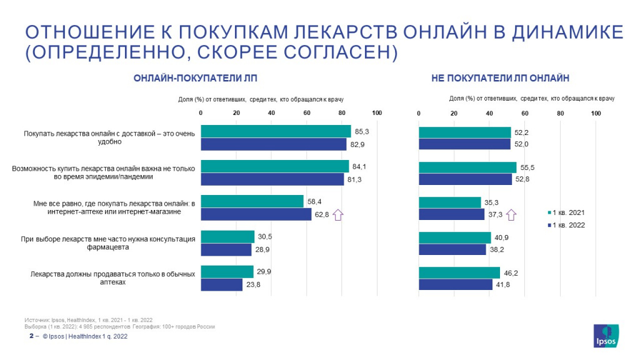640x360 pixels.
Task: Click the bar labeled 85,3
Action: point(276,131)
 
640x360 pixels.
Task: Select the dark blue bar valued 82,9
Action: point(273,144)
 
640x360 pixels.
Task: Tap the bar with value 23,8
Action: point(221,285)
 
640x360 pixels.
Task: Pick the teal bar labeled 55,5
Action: point(467,167)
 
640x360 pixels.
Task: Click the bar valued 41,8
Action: point(456,285)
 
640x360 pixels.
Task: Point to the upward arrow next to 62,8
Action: point(338,215)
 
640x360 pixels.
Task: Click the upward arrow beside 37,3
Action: point(511,215)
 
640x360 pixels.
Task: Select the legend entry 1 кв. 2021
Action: point(566,212)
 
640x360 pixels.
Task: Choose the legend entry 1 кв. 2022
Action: point(566,225)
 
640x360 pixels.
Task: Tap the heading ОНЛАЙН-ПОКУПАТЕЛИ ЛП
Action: point(195,79)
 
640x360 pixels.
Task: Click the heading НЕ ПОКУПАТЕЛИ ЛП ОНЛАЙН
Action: point(500,79)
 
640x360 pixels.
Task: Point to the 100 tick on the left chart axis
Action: point(377,113)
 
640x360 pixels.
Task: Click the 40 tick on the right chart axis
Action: point(489,113)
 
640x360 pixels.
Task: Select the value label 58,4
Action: point(313,202)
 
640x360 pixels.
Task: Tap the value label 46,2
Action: point(511,272)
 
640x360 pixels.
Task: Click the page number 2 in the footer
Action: point(31,336)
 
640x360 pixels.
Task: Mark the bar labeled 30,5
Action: point(227,237)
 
